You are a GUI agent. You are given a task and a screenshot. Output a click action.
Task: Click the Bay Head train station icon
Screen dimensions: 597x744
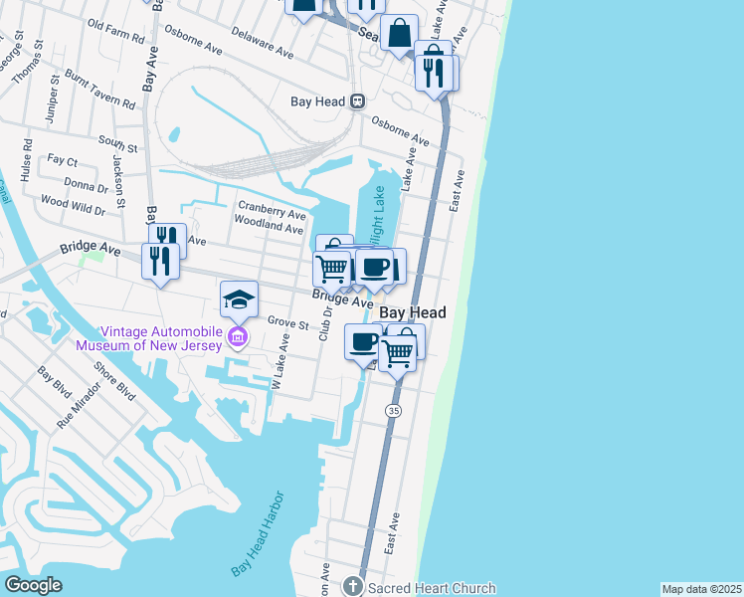coord(356,101)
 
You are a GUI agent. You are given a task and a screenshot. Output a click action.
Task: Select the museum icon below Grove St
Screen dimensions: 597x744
coord(238,339)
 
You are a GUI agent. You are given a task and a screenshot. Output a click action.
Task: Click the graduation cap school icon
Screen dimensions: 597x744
coord(239,298)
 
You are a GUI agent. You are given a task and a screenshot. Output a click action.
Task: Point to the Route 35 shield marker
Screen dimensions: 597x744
coord(394,410)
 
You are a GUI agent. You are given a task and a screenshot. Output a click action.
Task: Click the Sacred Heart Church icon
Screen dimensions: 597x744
coord(352,587)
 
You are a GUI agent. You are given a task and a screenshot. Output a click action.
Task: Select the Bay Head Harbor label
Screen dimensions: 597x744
coord(259,534)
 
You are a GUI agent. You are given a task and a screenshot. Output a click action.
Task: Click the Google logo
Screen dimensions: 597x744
coord(33,585)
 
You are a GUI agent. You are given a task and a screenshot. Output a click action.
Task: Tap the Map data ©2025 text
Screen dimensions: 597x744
coord(700,589)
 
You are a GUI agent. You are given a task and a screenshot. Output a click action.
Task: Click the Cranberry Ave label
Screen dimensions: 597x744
coord(270,213)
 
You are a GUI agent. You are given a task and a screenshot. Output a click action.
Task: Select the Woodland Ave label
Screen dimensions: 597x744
coord(268,228)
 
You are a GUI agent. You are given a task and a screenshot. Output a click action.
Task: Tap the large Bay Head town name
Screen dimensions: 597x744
coord(413,312)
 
